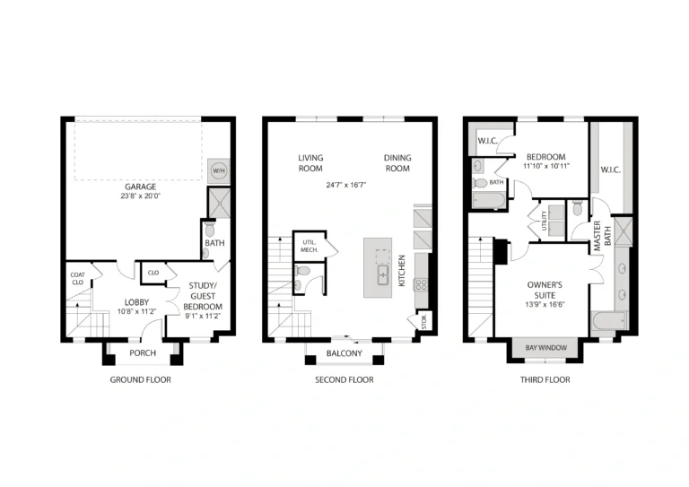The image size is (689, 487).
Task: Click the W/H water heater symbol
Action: coord(218,170)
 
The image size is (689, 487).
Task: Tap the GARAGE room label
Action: coord(140,187)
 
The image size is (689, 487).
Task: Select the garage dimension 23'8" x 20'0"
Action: coord(141,196)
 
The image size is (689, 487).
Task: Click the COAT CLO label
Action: coord(77,278)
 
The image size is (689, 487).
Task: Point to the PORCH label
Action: coord(143,353)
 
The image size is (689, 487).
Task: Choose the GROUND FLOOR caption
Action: coord(140,379)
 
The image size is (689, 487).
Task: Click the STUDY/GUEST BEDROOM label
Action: coord(203,296)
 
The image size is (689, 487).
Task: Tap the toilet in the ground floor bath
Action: coord(210,230)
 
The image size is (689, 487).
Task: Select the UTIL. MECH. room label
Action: coord(310,246)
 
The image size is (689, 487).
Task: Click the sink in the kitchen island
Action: coord(382,275)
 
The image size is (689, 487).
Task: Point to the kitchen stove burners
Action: coord(421,285)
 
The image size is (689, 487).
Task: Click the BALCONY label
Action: coord(344,353)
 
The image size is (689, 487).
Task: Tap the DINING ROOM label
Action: coord(397,163)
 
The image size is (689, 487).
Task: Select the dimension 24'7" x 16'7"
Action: coord(346,185)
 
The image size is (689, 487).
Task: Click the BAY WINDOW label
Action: coord(546,348)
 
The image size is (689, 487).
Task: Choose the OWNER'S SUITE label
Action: coord(545,290)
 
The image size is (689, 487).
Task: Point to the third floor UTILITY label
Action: coord(544,221)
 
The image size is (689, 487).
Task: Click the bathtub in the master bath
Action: coord(609,321)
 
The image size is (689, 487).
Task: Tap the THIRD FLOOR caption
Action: coord(545,379)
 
